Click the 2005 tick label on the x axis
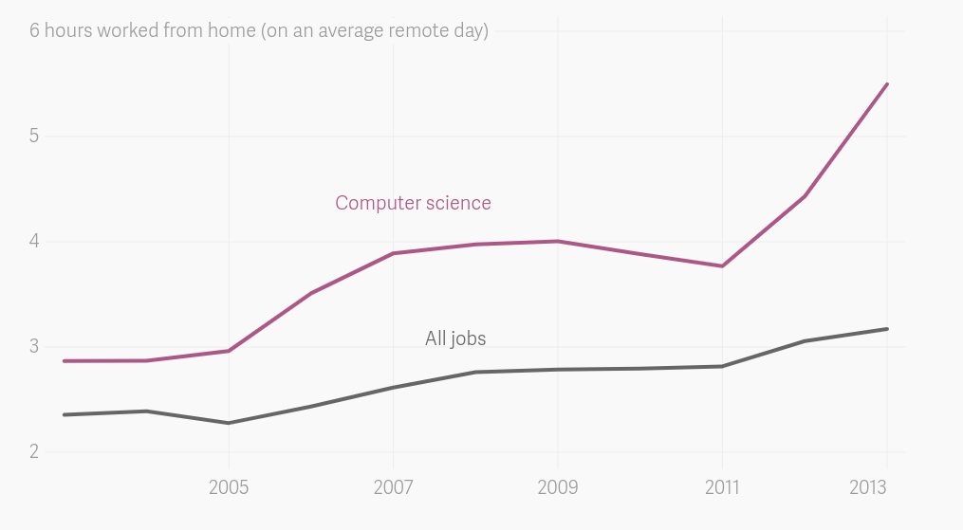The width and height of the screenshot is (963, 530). [229, 487]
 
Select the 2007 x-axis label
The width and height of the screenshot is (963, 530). [393, 487]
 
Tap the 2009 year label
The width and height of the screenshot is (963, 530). [557, 487]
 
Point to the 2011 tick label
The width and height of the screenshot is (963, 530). [722, 487]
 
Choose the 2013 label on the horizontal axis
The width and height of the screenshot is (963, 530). [867, 487]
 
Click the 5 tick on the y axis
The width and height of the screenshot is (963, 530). [34, 136]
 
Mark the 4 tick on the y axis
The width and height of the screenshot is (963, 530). [34, 241]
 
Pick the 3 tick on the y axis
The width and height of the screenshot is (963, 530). [34, 346]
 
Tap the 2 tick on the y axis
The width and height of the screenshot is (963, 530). [34, 451]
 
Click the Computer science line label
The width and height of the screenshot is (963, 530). [413, 203]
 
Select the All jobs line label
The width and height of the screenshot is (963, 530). [455, 338]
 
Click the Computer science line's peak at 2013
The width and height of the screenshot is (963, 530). [887, 84]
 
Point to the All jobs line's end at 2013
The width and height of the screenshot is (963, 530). [887, 329]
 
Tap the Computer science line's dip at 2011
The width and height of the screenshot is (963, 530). [722, 265]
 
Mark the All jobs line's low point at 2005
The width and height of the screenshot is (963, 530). [229, 423]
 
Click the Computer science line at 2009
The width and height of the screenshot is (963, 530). [557, 241]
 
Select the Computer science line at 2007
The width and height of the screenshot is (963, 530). [393, 253]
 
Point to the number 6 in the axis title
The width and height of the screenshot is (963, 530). [34, 30]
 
